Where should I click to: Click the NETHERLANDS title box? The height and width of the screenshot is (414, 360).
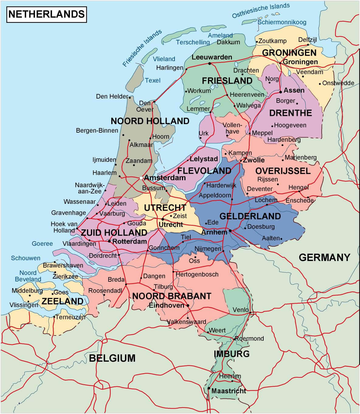tap(47, 14)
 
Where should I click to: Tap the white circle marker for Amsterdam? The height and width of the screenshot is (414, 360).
tap(141, 178)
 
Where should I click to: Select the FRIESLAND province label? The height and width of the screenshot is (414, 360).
tap(227, 81)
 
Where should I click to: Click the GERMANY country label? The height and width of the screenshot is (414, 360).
tap(324, 257)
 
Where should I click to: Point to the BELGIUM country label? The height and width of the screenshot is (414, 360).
tap(112, 358)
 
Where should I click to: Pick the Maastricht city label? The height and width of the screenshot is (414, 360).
tap(229, 391)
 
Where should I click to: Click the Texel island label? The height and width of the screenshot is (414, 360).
tap(153, 80)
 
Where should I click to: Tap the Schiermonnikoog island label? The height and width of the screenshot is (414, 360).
tap(282, 22)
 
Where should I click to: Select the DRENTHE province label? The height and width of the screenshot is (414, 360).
tap(290, 113)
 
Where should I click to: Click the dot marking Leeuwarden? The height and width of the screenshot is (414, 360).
tap(209, 64)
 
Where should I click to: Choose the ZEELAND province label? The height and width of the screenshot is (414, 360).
tap(62, 301)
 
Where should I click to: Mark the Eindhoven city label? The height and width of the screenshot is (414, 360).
tap(166, 305)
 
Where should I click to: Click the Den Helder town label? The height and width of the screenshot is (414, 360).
tap(112, 96)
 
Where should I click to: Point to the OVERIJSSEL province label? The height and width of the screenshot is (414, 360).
tap(283, 171)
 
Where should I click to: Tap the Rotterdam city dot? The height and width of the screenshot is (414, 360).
tap(109, 241)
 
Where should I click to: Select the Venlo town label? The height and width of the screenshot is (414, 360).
tap(240, 310)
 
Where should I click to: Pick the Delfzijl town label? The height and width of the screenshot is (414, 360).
tap(307, 40)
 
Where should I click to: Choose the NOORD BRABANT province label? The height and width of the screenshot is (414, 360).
tap(171, 296)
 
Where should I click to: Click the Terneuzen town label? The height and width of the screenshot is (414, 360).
tap(71, 317)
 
